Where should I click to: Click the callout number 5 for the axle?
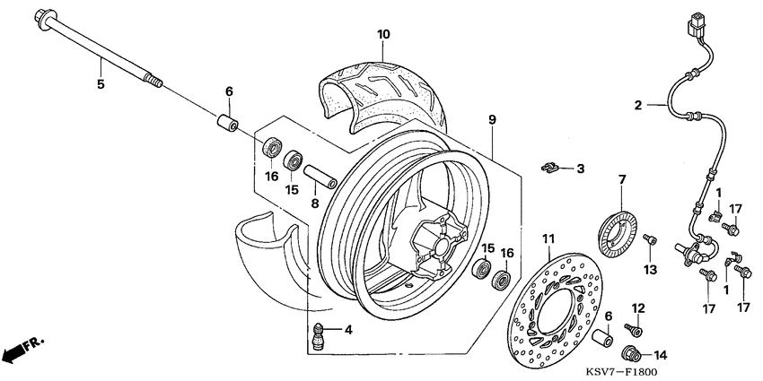(x=101, y=84)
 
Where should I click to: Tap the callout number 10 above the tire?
(x=383, y=35)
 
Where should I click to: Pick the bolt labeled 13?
(x=653, y=240)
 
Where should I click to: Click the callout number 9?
(x=492, y=118)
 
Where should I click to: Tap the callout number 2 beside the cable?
(x=638, y=105)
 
